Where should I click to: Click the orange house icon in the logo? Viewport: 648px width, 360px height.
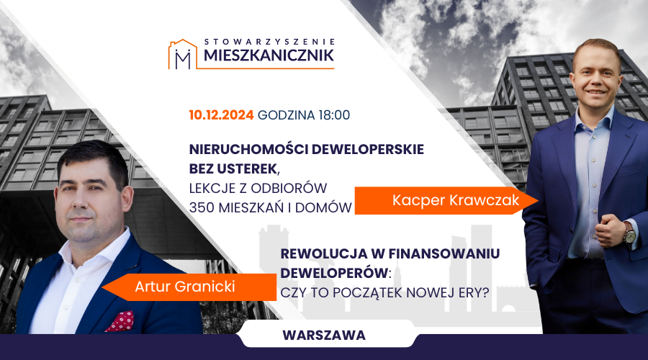pyautogui.click(x=182, y=54)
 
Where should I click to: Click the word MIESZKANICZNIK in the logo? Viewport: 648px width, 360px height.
pyautogui.click(x=269, y=55)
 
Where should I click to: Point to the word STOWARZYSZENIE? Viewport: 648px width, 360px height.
pyautogui.click(x=269, y=42)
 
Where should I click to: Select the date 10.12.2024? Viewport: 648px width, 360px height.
pyautogui.click(x=221, y=115)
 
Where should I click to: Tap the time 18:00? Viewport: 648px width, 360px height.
pyautogui.click(x=334, y=115)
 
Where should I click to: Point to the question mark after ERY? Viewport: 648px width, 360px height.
pyautogui.click(x=485, y=292)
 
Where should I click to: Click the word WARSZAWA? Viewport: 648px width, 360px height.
pyautogui.click(x=324, y=336)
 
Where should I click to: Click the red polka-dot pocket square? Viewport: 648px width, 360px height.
pyautogui.click(x=120, y=321)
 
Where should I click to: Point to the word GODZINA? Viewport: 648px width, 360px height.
pyautogui.click(x=287, y=115)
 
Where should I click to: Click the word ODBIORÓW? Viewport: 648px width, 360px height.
pyautogui.click(x=289, y=188)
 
